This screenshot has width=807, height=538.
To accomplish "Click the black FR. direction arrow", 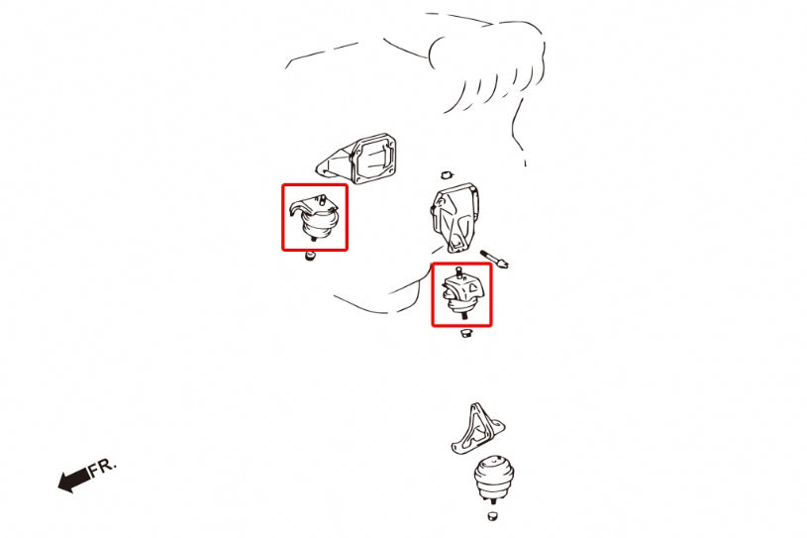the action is click(73, 481).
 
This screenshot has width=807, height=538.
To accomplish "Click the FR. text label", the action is click(102, 467).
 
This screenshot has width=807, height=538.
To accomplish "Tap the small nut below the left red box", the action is click(310, 256).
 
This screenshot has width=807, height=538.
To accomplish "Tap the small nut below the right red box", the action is click(466, 333).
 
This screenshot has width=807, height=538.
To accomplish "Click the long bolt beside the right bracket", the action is click(494, 259).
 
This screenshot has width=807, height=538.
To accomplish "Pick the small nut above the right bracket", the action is click(447, 174).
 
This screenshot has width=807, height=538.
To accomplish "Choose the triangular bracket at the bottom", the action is click(477, 429).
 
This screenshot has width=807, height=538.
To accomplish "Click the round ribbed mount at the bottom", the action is click(494, 478).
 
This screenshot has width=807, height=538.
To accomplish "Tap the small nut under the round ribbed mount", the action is click(493, 515).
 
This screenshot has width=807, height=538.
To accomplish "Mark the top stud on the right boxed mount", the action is click(459, 272).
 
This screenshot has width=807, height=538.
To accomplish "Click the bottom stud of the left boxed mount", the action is click(314, 239).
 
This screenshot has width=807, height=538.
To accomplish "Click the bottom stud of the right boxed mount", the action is click(464, 316).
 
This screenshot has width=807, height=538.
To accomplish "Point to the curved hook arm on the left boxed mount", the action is click(297, 208).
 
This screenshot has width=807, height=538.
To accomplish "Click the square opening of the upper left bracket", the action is click(373, 159).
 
